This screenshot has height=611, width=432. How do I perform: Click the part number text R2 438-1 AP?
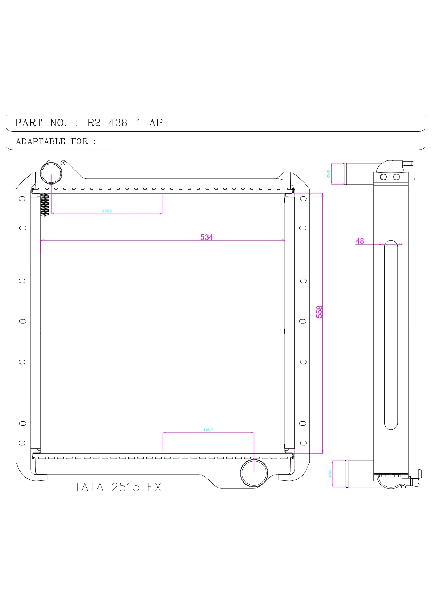coord(125,123)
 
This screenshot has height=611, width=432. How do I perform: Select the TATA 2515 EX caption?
coord(118,487)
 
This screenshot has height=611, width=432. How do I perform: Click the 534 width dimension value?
coord(206,237)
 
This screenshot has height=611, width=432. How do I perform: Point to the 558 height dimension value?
coord(319,312)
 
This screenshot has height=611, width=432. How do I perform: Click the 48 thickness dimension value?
coord(360,241)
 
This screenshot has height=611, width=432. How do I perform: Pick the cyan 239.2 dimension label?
coord(107,211)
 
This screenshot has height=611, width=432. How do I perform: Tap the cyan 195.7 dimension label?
coord(208,430)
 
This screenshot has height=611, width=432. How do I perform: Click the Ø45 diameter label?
coord(329,174)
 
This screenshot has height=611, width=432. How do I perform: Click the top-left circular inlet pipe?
coord(52,173)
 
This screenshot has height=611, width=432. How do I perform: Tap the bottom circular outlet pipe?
coord(254,472)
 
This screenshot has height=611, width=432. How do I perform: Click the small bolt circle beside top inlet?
coord(63,163)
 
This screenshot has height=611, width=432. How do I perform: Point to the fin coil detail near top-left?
coord(45,205)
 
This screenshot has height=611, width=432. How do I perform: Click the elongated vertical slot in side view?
coord(391,334)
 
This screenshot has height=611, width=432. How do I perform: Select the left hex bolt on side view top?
coord(383,177)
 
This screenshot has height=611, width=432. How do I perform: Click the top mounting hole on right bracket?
coord(303,198)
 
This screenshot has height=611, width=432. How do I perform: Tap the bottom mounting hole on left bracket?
coord(22,443)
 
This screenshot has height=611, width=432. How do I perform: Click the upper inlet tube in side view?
coord(359,173)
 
